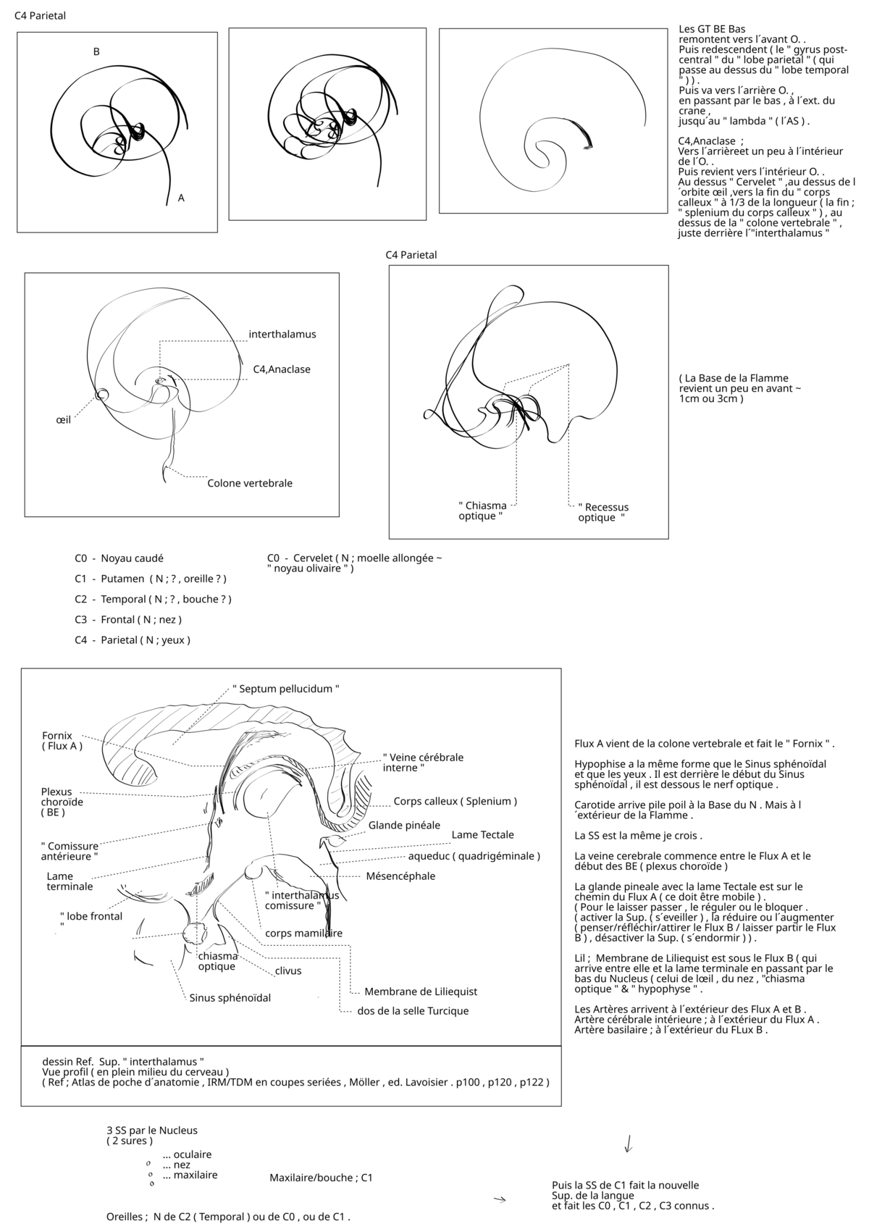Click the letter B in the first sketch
(96, 51)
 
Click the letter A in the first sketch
(181, 198)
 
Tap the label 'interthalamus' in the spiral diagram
(282, 335)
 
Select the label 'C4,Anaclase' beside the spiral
(282, 369)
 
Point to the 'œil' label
(64, 419)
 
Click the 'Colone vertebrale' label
(250, 483)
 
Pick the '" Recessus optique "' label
(603, 512)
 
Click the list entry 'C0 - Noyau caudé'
(119, 558)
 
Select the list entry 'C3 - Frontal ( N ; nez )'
(128, 619)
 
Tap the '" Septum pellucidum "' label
(286, 689)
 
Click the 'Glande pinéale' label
(404, 825)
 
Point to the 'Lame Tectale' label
(482, 835)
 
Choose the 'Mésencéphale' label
(400, 876)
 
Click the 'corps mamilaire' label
(303, 933)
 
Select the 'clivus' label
(288, 970)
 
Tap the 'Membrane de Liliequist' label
(421, 991)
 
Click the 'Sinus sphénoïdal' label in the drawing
(230, 998)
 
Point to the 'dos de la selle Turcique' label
(413, 1011)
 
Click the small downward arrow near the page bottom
(629, 1144)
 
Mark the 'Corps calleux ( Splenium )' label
(456, 802)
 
